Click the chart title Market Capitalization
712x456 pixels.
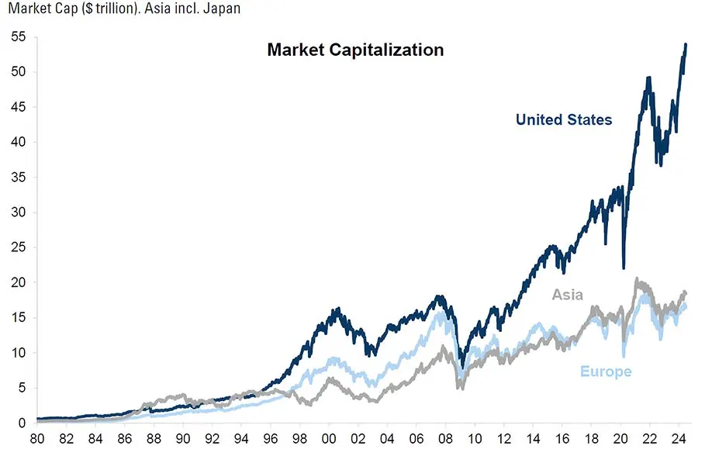point(355,50)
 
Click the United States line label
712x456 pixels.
point(564,119)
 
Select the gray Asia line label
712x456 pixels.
point(567,295)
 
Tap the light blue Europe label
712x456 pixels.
point(606,371)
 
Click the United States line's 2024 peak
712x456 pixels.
point(686,44)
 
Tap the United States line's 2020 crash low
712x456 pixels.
point(624,268)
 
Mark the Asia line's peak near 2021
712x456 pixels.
point(637,279)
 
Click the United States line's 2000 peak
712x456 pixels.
point(337,309)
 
